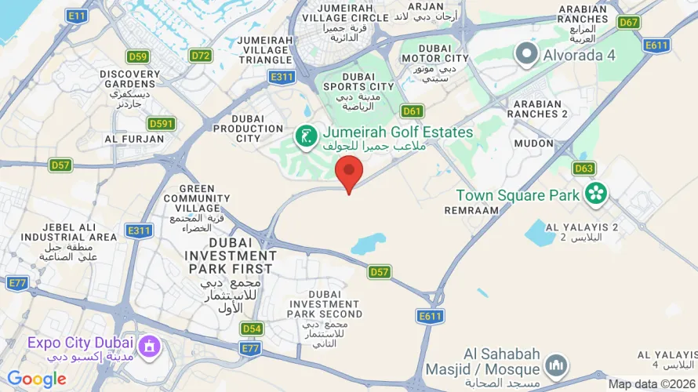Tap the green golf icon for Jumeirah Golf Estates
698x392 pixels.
[306, 136]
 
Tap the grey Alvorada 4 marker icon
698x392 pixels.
[525, 54]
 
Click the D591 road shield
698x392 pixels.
[162, 124]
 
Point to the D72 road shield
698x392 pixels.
[201, 56]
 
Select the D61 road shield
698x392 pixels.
[413, 111]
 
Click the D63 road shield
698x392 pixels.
[583, 168]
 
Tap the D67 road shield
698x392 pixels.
[628, 22]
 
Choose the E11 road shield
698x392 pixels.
[77, 16]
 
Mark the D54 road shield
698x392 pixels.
[252, 329]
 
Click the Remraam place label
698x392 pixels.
[471, 210]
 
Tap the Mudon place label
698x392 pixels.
[533, 143]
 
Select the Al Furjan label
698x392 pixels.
[134, 139]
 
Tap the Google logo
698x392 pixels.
[37, 379]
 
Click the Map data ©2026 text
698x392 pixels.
[651, 384]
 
